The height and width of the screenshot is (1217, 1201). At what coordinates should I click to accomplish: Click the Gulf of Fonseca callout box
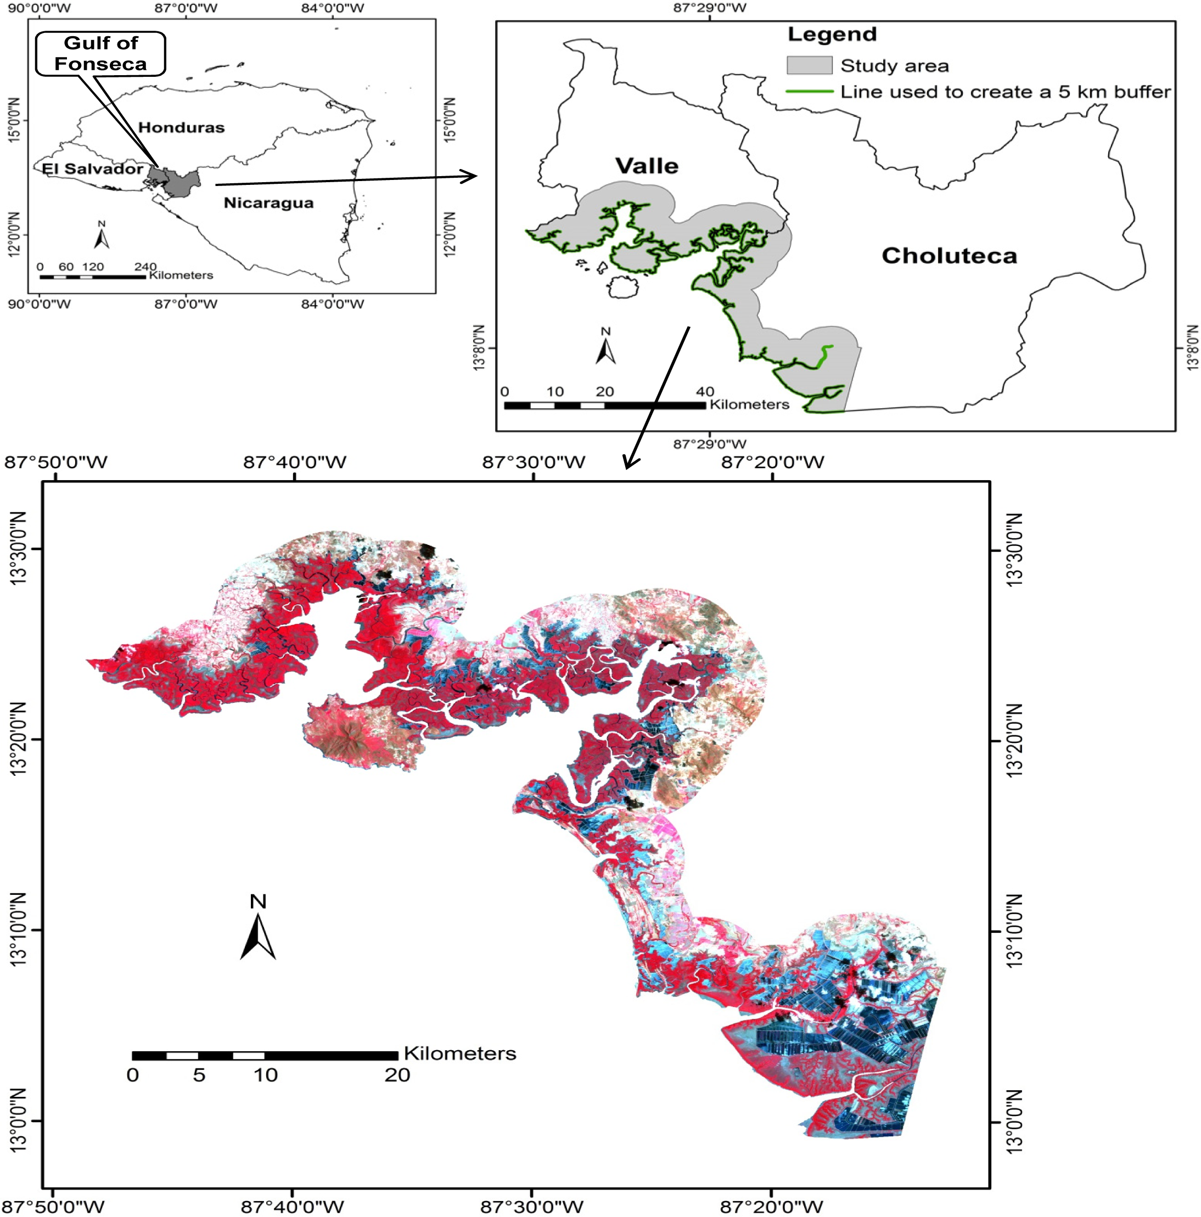click(x=100, y=54)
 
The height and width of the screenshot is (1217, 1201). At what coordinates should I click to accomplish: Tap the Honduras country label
click(x=182, y=128)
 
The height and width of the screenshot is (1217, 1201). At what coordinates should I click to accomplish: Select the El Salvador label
click(x=92, y=169)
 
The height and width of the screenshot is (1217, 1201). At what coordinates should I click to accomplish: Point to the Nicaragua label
click(x=268, y=203)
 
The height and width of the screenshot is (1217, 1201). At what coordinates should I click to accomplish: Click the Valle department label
click(x=647, y=166)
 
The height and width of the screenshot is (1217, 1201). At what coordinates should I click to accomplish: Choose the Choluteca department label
click(x=949, y=256)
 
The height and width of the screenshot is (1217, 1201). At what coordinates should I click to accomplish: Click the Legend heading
click(x=832, y=35)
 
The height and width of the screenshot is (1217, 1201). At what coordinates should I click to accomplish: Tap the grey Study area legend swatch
click(x=809, y=65)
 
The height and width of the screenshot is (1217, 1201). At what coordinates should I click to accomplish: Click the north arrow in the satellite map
click(x=258, y=929)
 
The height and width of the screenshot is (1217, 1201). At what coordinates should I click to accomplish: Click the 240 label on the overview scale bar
click(x=145, y=267)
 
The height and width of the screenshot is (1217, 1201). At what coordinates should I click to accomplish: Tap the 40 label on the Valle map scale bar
click(x=705, y=391)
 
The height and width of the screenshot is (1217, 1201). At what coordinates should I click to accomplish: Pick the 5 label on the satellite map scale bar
click(x=199, y=1075)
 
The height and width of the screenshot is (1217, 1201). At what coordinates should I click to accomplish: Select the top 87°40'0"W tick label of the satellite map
click(x=295, y=463)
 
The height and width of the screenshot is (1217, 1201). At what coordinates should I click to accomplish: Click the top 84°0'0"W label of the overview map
click(x=333, y=8)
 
